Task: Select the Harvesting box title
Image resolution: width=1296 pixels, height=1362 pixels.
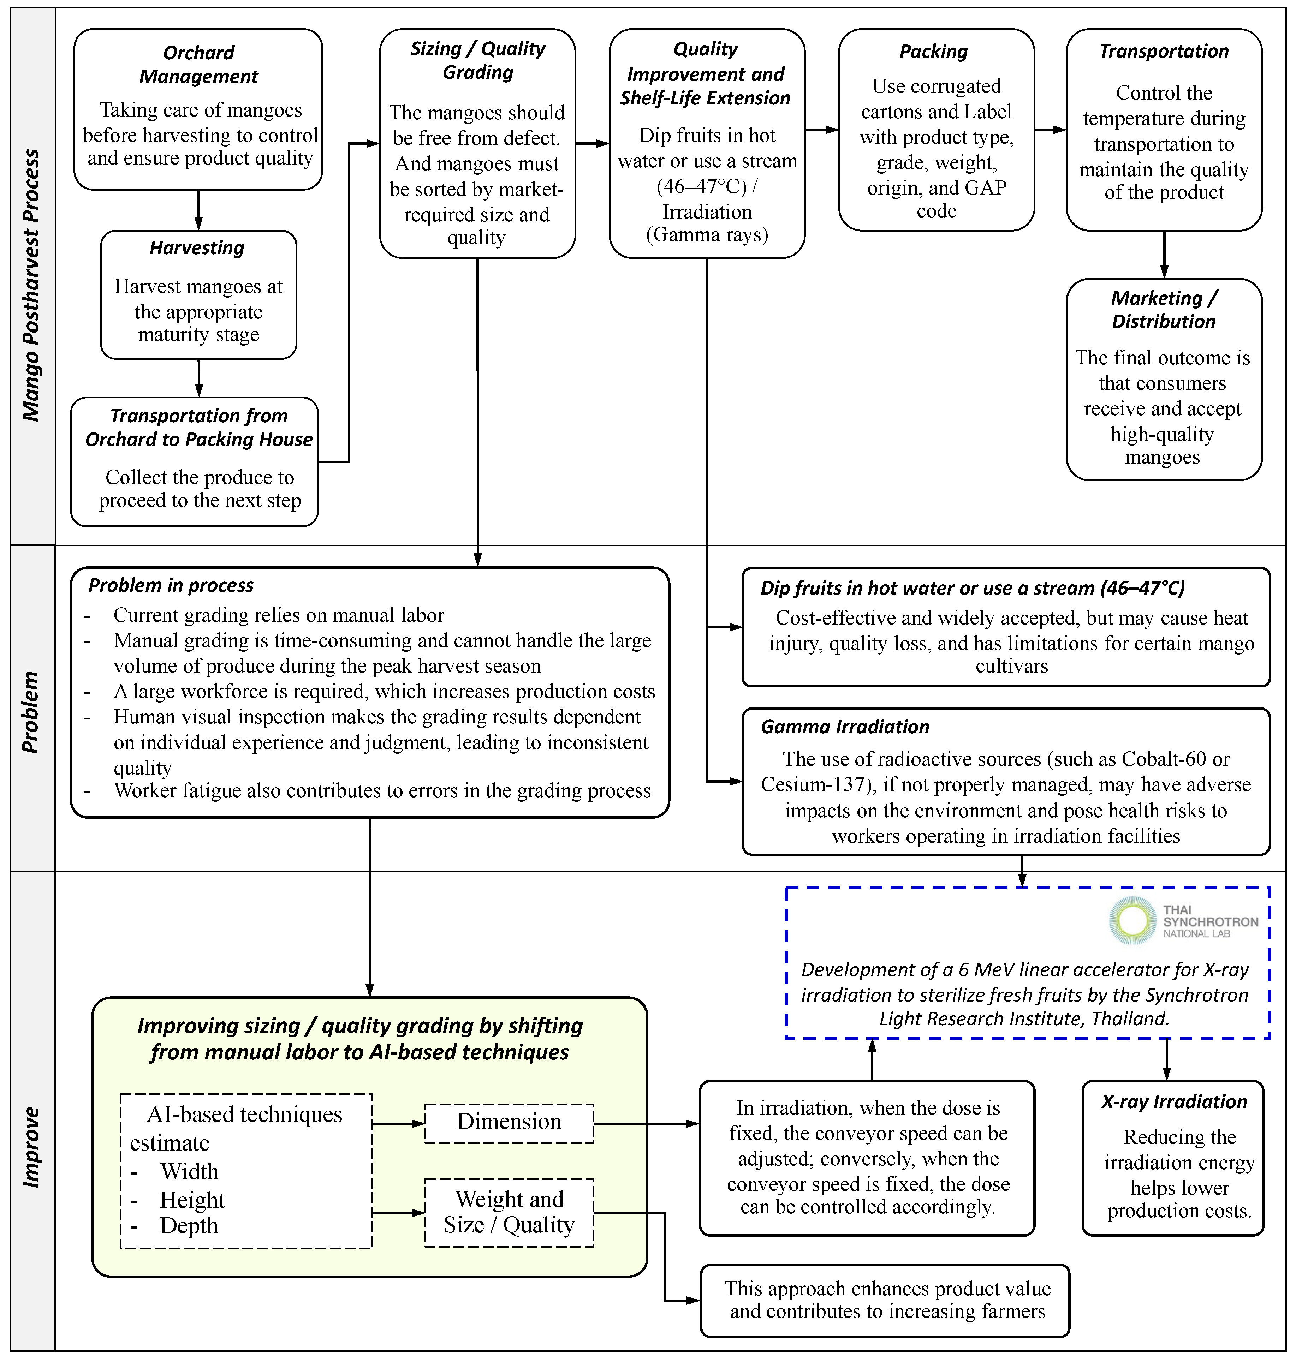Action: [197, 248]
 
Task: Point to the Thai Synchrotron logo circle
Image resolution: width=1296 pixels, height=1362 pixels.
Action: [1132, 921]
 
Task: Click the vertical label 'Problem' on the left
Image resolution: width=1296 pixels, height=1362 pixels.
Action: [31, 711]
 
